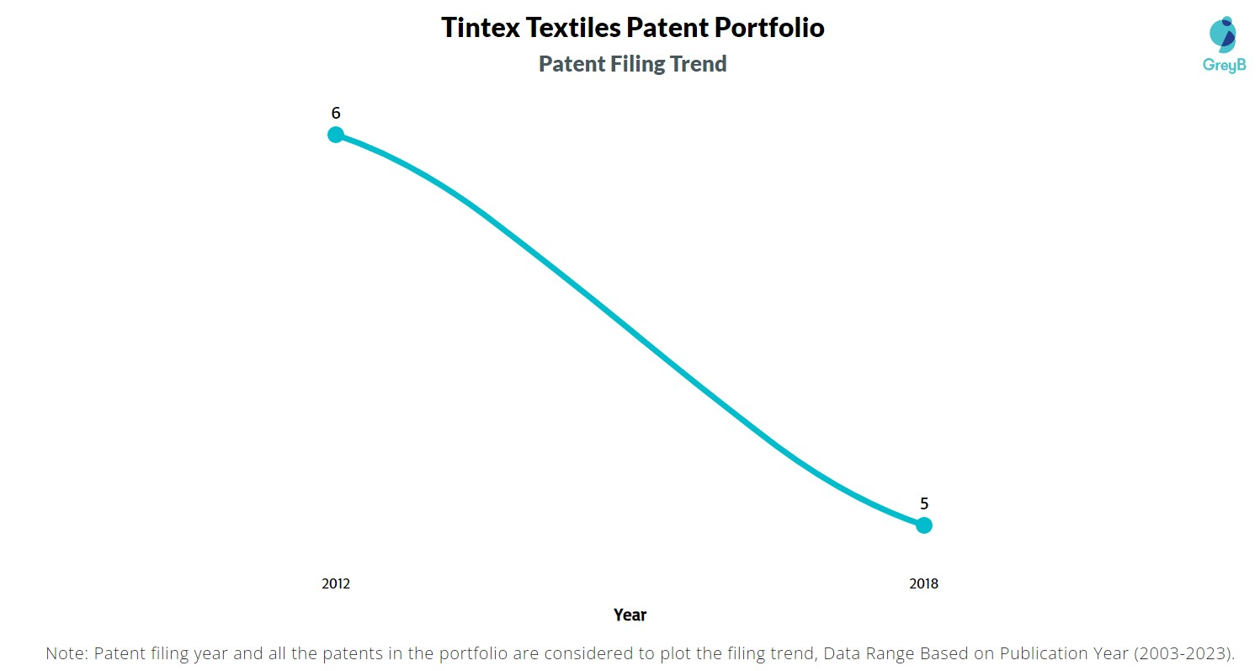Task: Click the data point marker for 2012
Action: pos(335,135)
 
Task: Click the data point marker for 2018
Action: pos(923,525)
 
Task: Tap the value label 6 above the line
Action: pos(335,113)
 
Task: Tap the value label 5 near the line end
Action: pos(923,503)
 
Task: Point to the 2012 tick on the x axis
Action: pos(335,583)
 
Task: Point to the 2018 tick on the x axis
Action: pos(923,583)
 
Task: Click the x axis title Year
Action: pos(630,615)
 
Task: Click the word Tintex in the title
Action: pos(481,28)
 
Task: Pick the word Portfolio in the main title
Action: pos(769,28)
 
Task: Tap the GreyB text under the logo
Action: pos(1224,65)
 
